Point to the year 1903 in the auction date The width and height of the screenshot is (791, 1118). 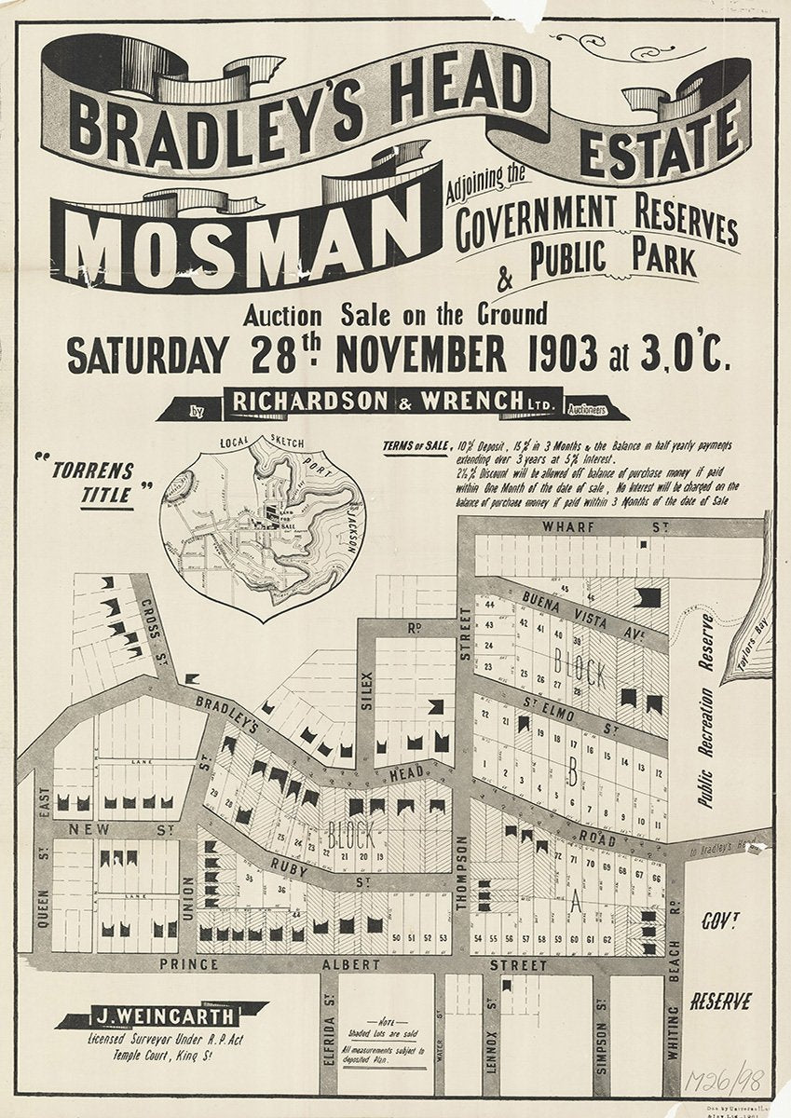click(562, 355)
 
